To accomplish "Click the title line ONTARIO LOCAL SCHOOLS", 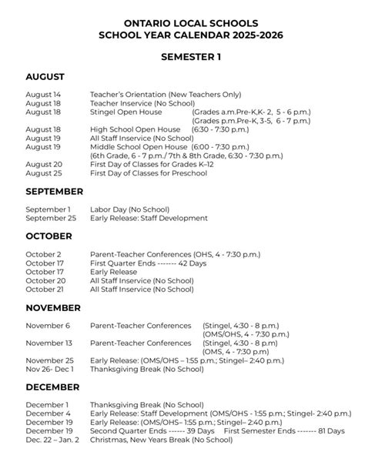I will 182,24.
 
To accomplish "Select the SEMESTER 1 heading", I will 182,57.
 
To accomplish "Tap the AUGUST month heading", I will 45,77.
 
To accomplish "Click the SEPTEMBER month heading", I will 54,191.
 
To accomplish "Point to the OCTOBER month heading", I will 49,236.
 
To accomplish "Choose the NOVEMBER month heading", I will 53,308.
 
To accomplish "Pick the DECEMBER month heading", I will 52,387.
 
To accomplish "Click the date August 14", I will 43,94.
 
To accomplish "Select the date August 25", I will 43,173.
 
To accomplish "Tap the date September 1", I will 48,209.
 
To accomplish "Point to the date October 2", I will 43,253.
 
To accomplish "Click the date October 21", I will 44,290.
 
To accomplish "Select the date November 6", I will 47,325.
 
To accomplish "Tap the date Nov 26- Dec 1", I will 51,369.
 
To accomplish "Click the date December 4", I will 47,413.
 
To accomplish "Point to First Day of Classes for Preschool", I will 149,173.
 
